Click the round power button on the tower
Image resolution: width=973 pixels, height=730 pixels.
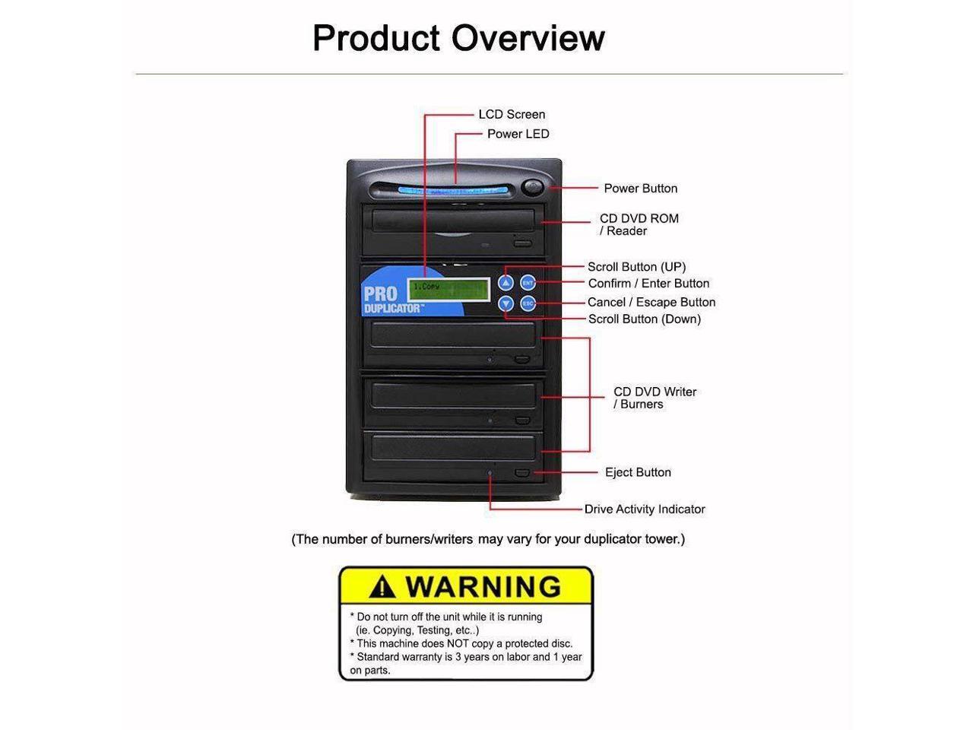click(x=534, y=187)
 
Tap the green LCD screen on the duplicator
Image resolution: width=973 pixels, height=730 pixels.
click(x=448, y=289)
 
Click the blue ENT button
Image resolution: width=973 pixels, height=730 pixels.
click(x=528, y=283)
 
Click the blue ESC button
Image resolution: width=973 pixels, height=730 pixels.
click(x=528, y=304)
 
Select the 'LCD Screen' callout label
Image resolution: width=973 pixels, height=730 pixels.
click(x=512, y=115)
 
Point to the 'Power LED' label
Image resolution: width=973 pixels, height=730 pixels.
click(x=518, y=134)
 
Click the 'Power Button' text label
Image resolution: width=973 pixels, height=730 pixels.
click(x=640, y=189)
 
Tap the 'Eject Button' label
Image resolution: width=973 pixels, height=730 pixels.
click(x=638, y=472)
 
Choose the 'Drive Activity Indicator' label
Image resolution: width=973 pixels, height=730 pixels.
click(x=645, y=509)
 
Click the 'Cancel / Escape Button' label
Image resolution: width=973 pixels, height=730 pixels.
click(x=651, y=302)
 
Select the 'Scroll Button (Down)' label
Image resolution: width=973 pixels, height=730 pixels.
click(x=645, y=319)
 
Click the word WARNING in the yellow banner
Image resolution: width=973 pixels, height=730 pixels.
click(x=483, y=586)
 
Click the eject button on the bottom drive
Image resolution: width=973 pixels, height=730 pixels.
click(x=522, y=474)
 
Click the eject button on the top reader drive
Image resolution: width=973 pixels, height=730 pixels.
click(x=522, y=244)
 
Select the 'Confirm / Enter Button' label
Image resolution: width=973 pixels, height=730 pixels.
click(x=648, y=284)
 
